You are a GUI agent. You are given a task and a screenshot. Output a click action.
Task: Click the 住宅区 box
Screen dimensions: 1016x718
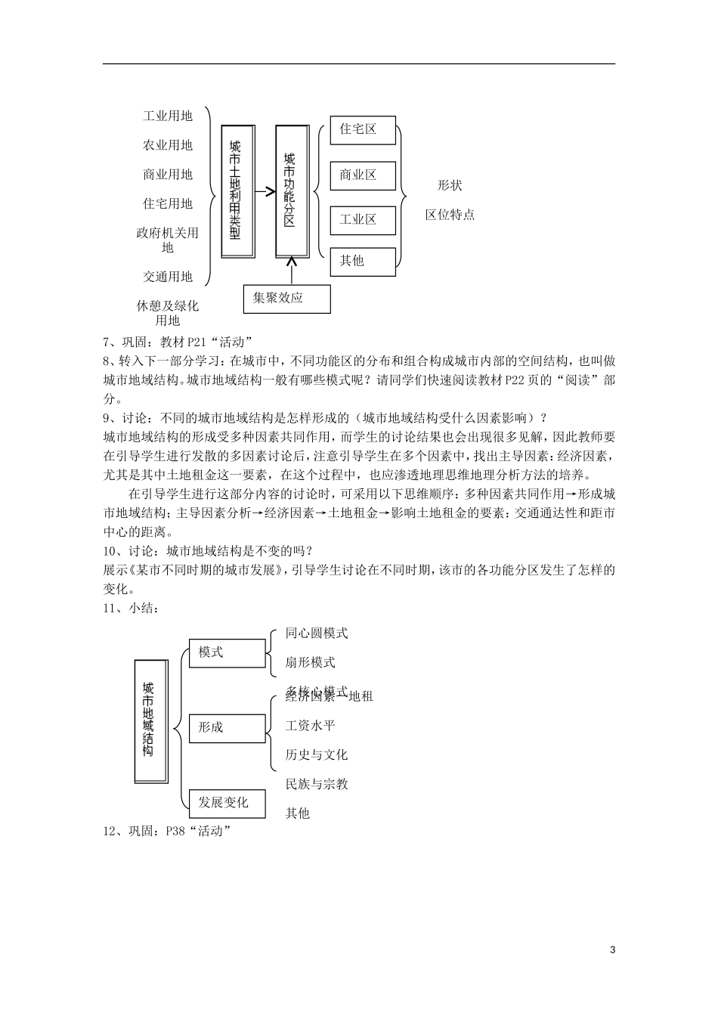click(363, 130)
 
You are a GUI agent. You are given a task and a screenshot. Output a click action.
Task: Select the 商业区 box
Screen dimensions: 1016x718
click(363, 175)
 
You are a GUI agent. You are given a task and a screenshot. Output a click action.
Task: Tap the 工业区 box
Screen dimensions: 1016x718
click(363, 220)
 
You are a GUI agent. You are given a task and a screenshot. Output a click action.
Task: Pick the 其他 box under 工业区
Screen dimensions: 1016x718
click(363, 261)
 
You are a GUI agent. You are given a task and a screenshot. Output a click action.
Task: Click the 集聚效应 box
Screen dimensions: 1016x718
click(286, 298)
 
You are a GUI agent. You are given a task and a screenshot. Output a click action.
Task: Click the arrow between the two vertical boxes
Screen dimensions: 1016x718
click(265, 192)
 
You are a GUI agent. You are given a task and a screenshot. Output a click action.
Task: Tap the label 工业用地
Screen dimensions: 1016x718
click(168, 116)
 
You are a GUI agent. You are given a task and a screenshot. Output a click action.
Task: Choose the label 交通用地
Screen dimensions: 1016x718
click(168, 277)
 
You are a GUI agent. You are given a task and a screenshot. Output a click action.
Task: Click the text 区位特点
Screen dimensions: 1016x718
click(450, 215)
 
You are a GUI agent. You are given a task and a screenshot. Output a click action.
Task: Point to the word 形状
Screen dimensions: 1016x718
click(450, 185)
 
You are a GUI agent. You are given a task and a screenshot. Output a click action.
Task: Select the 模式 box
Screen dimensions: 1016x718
click(227, 652)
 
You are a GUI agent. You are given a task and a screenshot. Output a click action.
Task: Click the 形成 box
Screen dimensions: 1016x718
click(227, 727)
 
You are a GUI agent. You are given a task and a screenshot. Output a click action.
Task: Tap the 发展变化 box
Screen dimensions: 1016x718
click(227, 803)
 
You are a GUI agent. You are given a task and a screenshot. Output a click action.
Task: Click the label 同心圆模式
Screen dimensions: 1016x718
click(317, 633)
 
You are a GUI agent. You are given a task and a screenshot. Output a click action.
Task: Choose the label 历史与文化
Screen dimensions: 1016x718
click(317, 754)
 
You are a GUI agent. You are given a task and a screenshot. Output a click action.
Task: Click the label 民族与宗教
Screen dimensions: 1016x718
click(317, 784)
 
